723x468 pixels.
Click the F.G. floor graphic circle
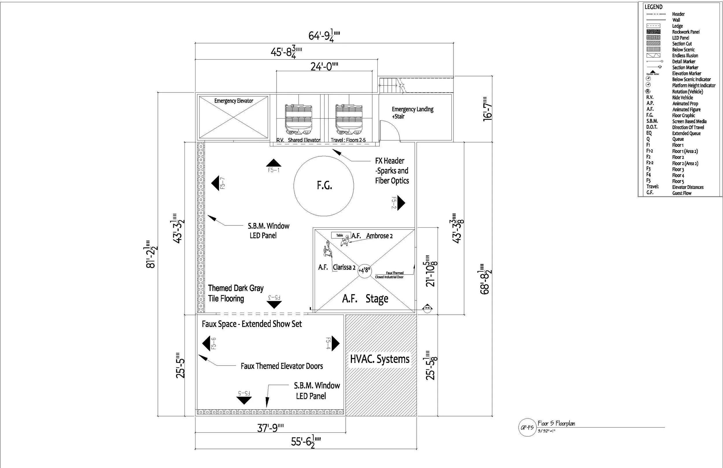(x=324, y=186)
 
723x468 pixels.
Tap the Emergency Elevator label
(x=234, y=101)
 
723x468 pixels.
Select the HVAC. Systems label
(x=380, y=359)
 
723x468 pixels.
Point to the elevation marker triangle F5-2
(x=401, y=203)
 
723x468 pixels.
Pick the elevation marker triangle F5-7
(x=215, y=183)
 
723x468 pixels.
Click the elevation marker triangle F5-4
(x=335, y=343)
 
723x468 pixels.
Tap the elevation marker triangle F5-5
(x=244, y=401)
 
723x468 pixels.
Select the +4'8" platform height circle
(x=365, y=270)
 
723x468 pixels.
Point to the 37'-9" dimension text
(x=270, y=428)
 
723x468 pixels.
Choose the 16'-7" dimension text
(x=487, y=109)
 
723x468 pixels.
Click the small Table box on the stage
(x=340, y=235)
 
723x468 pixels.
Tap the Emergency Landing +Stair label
(x=412, y=113)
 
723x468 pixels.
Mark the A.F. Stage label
(x=365, y=299)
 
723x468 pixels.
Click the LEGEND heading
(x=653, y=7)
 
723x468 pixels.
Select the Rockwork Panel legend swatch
(x=653, y=32)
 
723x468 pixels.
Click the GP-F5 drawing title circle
(x=527, y=428)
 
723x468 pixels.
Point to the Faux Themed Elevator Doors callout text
(x=282, y=366)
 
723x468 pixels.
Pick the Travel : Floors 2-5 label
(x=348, y=140)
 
